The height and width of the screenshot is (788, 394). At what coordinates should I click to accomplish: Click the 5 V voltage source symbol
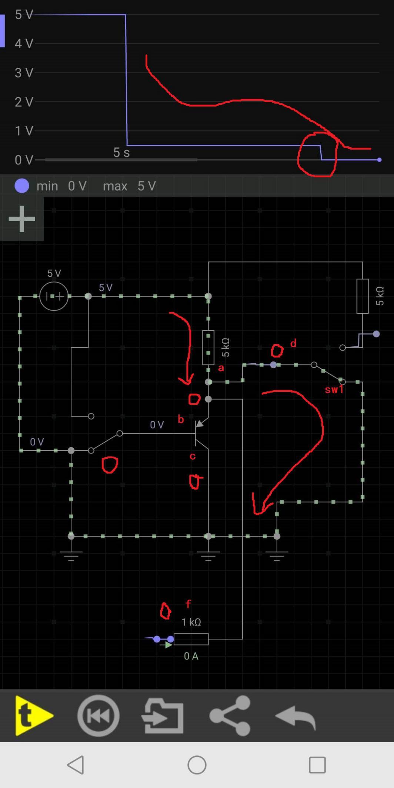(x=54, y=296)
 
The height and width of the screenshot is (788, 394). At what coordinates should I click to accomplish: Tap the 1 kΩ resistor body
(x=191, y=639)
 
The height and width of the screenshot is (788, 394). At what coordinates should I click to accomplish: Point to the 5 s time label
(x=121, y=152)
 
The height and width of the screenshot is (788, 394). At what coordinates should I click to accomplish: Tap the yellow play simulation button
(x=34, y=715)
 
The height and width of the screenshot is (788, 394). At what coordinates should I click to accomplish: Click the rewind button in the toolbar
(x=98, y=715)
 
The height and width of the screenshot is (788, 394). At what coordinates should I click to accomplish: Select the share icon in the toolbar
(x=230, y=715)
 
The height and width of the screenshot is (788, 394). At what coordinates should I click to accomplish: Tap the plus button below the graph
(x=21, y=219)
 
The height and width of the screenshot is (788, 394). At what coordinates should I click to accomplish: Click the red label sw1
(x=334, y=390)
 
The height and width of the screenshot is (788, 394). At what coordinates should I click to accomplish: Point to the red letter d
(x=293, y=343)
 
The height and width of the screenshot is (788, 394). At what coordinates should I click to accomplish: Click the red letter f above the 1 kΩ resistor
(x=188, y=604)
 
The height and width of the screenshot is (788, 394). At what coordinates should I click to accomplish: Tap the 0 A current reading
(x=191, y=656)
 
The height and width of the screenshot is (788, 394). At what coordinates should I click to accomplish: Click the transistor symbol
(x=201, y=433)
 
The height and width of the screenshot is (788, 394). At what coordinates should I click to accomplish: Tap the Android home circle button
(x=197, y=765)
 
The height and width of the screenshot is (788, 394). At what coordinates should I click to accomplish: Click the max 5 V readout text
(x=129, y=186)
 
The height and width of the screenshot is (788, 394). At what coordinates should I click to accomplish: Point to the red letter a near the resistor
(x=221, y=368)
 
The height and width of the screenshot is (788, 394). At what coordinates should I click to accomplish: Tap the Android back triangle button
(x=76, y=765)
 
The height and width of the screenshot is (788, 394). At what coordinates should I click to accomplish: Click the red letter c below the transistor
(x=193, y=456)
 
